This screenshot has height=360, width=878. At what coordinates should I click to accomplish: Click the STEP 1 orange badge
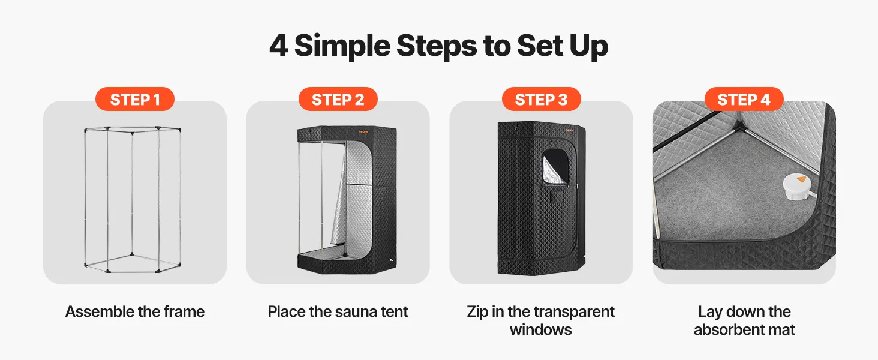click(135, 99)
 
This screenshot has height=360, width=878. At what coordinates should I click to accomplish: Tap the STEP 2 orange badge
click(338, 99)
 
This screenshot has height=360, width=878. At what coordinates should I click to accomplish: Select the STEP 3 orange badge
click(542, 99)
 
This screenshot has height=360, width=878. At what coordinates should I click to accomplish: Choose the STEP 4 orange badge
click(744, 99)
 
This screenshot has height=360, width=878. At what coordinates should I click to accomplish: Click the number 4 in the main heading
click(279, 46)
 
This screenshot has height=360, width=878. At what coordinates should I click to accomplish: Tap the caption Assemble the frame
click(135, 312)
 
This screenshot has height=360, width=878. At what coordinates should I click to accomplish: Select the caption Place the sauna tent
click(338, 312)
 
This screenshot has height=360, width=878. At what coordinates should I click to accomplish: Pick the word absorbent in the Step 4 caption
click(723, 330)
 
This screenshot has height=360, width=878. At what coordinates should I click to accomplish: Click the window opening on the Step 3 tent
click(555, 167)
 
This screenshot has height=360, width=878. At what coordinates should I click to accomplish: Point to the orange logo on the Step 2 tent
click(363, 132)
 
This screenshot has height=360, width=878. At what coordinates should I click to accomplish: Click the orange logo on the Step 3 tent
click(570, 130)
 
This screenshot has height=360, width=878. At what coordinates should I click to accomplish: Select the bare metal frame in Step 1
click(133, 199)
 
